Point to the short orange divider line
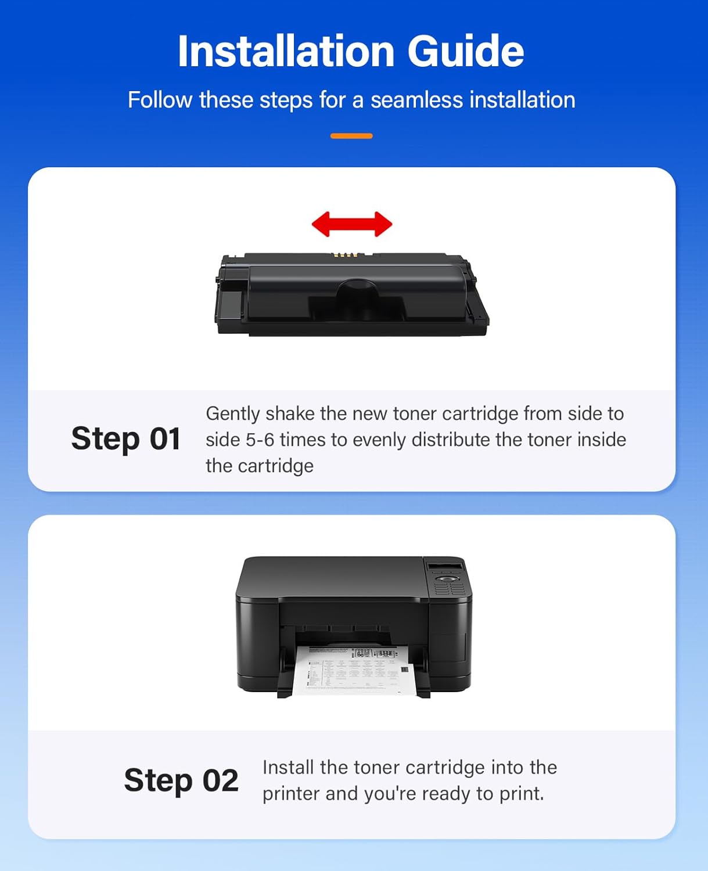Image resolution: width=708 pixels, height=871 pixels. coord(351,136)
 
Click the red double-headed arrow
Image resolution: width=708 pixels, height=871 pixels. coord(352,224)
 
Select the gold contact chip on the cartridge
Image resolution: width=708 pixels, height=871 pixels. coord(347,255)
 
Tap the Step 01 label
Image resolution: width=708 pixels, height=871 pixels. coord(125,438)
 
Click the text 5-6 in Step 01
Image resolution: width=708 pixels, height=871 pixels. coord(260,440)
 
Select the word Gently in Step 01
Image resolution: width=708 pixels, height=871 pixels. coord(232,413)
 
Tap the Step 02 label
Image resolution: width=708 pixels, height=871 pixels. coord(181,780)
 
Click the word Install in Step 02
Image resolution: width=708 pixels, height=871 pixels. coord(287,767)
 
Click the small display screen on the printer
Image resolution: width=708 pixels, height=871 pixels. coord(445,566)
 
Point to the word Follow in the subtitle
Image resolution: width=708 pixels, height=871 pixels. coord(160,100)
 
